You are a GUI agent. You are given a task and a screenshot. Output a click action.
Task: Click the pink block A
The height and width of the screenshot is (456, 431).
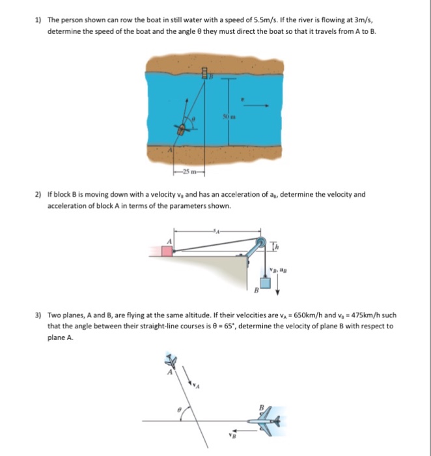[167, 250]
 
